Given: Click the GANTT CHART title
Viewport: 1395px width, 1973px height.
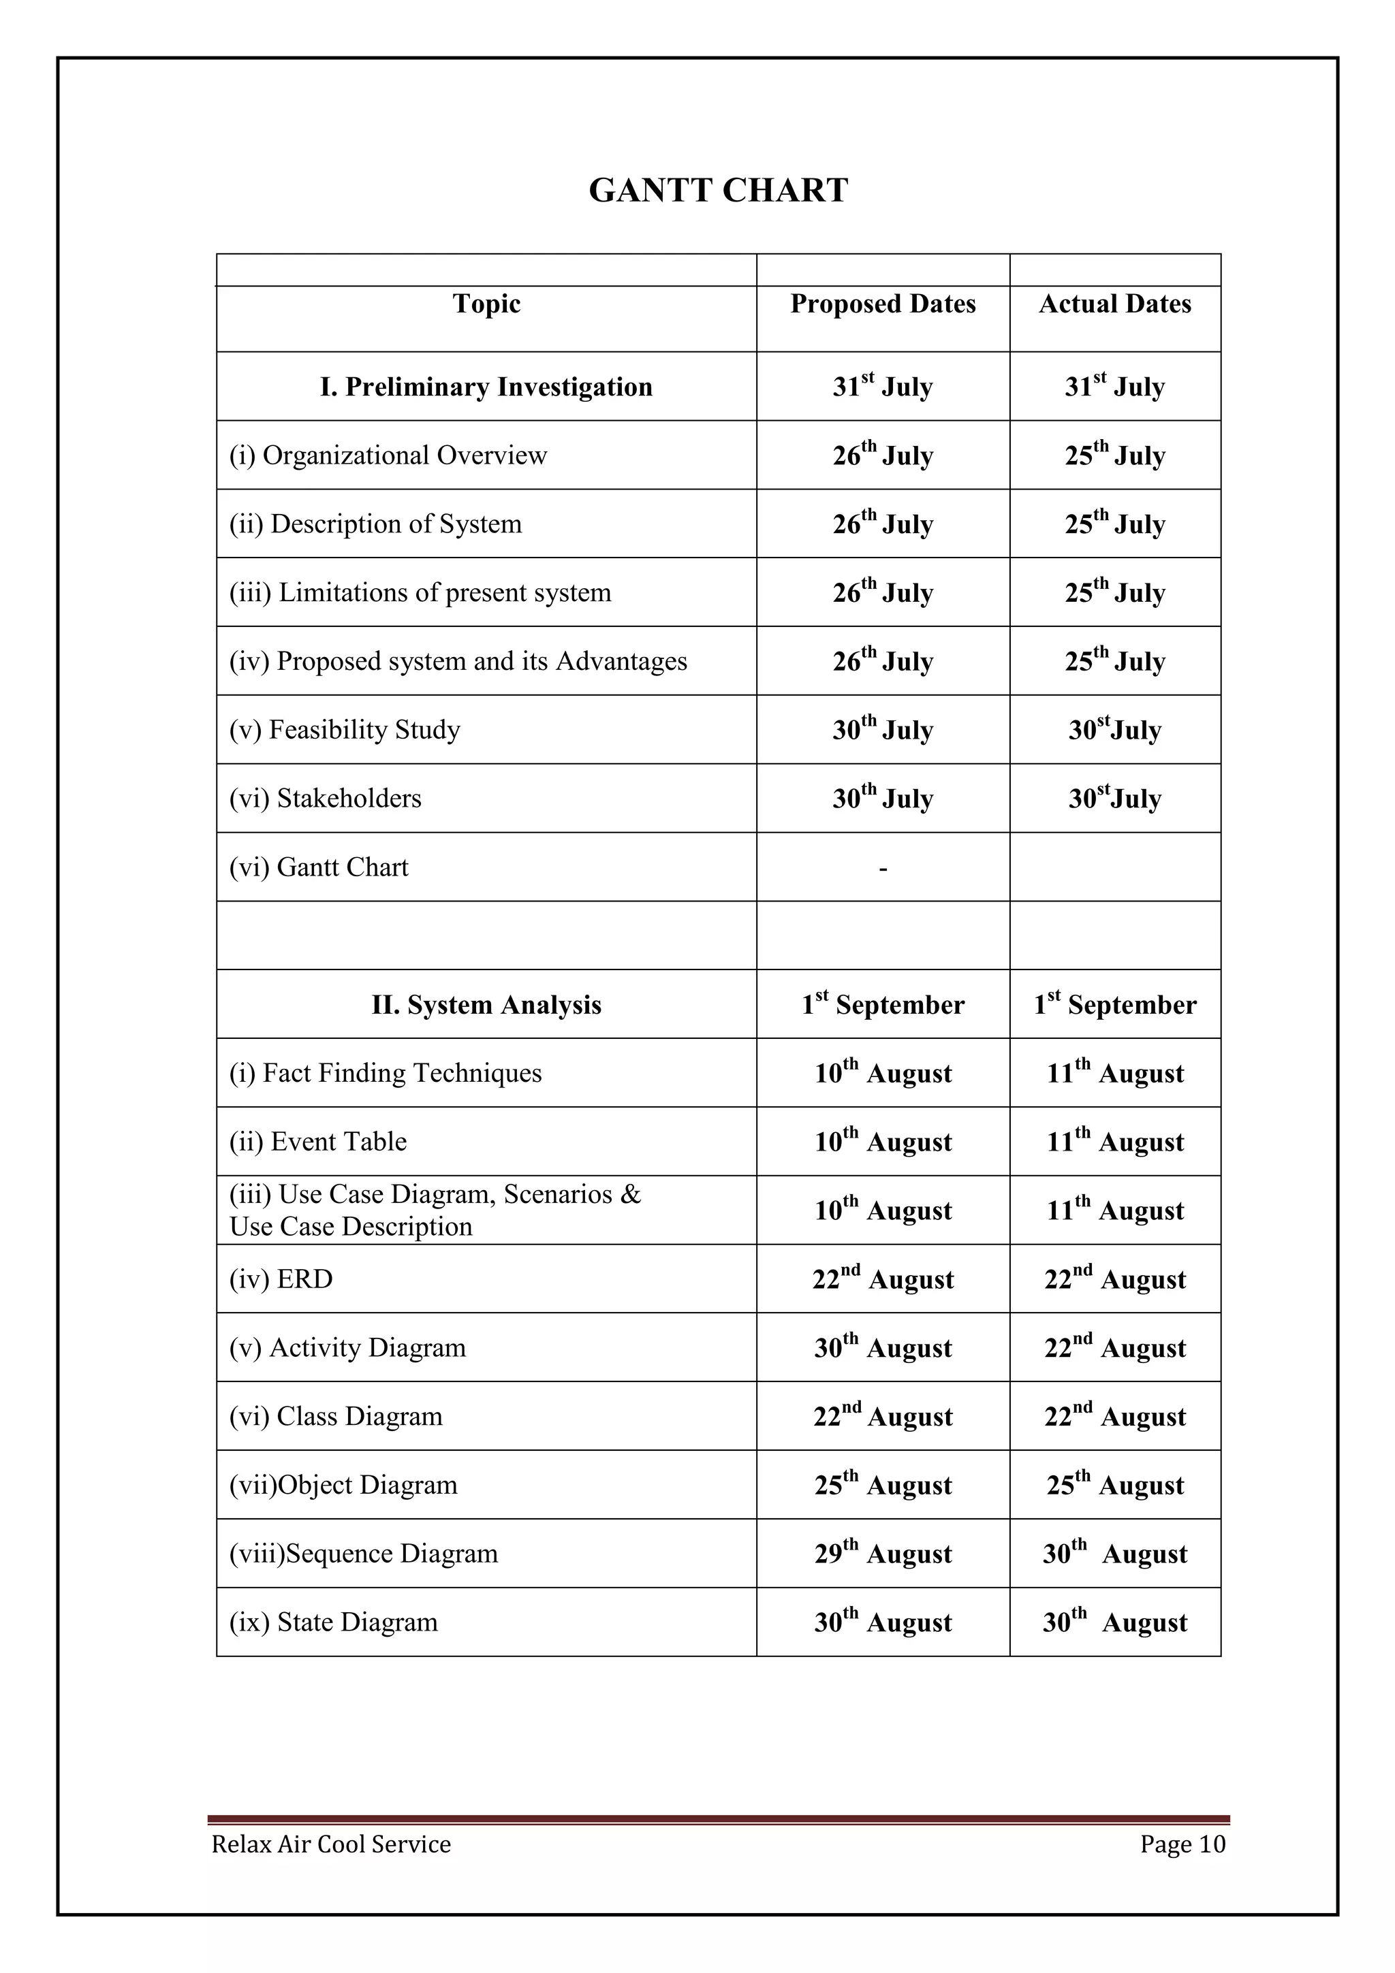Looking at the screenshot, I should point(718,190).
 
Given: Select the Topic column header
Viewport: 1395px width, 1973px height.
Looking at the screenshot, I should point(486,304).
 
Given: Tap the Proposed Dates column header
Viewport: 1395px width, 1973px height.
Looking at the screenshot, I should point(883,304).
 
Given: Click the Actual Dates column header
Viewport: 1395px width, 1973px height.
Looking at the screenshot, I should point(1115,304).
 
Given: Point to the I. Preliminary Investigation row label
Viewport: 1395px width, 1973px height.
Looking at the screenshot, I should point(486,387).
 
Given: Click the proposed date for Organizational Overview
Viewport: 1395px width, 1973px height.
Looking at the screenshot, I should point(883,455).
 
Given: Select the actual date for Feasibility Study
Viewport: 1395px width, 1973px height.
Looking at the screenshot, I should point(1115,730).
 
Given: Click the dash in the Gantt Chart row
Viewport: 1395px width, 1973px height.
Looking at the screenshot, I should point(883,869).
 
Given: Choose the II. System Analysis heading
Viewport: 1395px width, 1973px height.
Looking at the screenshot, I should point(486,1005).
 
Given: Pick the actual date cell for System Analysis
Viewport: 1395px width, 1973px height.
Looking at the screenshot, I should point(1115,1005).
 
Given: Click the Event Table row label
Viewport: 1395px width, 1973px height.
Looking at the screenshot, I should point(318,1142).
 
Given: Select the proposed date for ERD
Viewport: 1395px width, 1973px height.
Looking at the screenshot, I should point(883,1279).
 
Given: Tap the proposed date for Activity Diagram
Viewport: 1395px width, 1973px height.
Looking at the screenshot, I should point(883,1348).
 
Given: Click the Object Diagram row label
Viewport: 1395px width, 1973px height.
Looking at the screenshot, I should point(344,1486).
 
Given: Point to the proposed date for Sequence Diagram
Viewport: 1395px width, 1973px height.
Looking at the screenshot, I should point(883,1554).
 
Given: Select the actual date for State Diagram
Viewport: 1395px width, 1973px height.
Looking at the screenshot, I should point(1115,1623).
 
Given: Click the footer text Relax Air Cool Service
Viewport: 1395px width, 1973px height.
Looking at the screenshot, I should point(331,1845).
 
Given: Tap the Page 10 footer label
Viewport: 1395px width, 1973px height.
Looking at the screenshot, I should point(1182,1845).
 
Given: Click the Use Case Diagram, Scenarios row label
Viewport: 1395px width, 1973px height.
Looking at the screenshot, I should point(435,1210).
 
